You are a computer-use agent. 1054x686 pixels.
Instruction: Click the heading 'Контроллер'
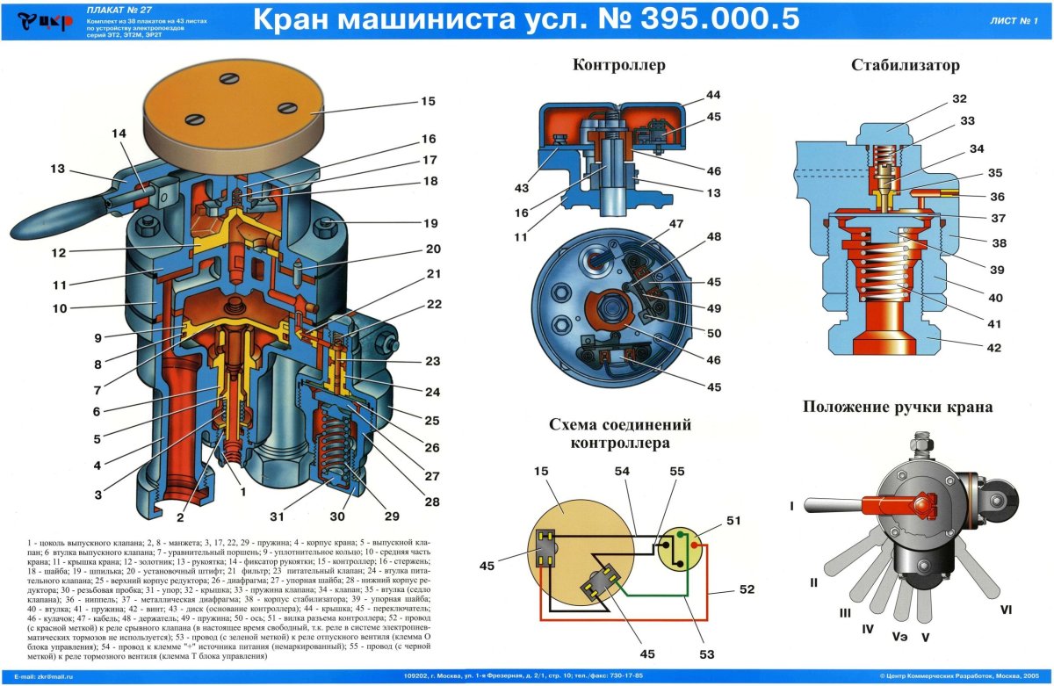619,65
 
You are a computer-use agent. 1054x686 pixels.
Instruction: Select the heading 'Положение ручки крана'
898,407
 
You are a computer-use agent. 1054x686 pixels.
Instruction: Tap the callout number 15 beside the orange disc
428,101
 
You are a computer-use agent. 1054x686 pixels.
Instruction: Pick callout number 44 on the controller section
712,95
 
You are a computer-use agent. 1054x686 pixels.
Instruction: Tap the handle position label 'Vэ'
899,634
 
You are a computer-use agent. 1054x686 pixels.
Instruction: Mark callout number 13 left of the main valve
58,170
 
